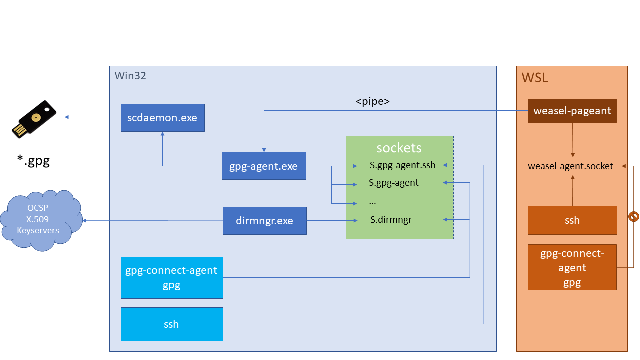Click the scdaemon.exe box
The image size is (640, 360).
click(x=162, y=118)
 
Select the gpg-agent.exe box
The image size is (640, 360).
click(x=263, y=166)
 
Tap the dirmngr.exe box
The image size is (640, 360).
click(x=264, y=220)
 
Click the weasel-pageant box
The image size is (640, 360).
click(x=572, y=111)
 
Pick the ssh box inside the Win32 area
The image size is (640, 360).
click(x=172, y=324)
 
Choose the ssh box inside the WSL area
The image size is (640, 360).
click(x=572, y=220)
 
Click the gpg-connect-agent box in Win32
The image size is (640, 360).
click(x=172, y=277)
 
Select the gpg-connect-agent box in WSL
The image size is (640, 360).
click(x=572, y=267)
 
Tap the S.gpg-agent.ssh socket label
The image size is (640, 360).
click(x=402, y=165)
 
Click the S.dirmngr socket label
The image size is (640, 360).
click(x=391, y=219)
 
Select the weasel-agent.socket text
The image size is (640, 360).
click(x=570, y=166)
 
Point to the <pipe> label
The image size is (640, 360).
click(x=372, y=102)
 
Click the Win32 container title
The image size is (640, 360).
click(x=130, y=76)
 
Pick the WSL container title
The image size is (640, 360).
click(x=535, y=78)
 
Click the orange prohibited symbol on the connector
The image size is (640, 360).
click(x=633, y=216)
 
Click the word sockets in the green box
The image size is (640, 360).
click(x=399, y=148)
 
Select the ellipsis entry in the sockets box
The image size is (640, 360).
click(x=372, y=202)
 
